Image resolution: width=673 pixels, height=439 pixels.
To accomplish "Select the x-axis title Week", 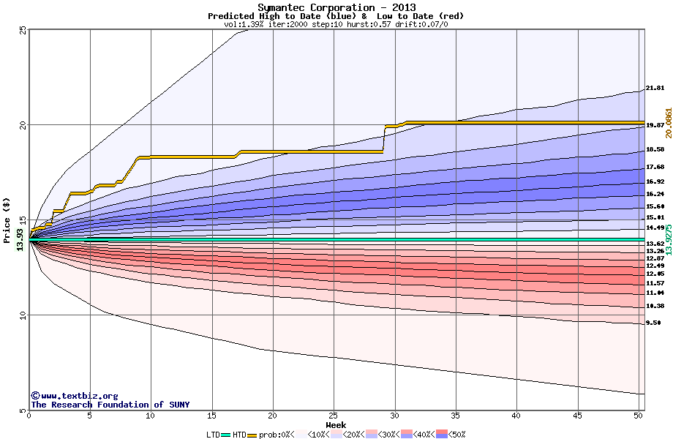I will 336,424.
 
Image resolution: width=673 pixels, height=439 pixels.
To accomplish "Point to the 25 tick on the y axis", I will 23,30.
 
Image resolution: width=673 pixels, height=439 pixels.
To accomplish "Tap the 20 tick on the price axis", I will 23,125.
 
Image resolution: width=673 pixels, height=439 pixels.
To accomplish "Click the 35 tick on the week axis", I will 456,416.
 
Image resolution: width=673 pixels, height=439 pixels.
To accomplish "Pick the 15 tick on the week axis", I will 211,416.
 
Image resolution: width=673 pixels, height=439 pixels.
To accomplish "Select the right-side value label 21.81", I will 655,89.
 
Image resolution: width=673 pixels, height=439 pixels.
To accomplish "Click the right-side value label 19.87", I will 655,125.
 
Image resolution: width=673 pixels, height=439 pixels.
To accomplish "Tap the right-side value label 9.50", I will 653,323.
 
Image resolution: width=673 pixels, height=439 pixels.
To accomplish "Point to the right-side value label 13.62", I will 655,244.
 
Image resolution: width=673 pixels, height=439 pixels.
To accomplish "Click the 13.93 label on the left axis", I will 20,240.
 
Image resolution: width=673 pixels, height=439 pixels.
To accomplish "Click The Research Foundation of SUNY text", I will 110,405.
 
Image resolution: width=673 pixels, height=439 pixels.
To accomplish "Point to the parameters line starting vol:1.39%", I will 336,24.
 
